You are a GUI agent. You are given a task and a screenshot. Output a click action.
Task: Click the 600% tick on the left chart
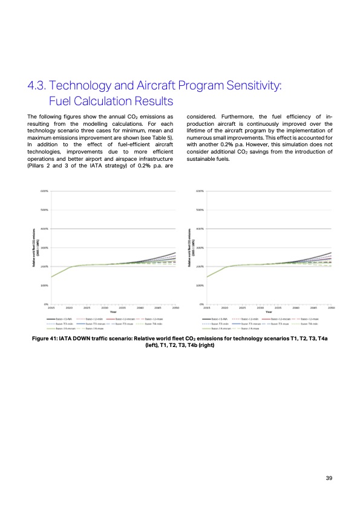45,192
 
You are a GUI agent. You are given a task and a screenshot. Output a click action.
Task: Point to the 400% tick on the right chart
200,229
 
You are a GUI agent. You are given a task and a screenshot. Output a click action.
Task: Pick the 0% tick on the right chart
201,304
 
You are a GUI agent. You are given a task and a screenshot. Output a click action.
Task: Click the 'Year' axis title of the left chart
113,312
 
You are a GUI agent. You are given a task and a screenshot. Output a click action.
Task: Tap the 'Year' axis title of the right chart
269,312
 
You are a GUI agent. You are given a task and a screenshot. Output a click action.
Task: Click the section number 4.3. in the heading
42,86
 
